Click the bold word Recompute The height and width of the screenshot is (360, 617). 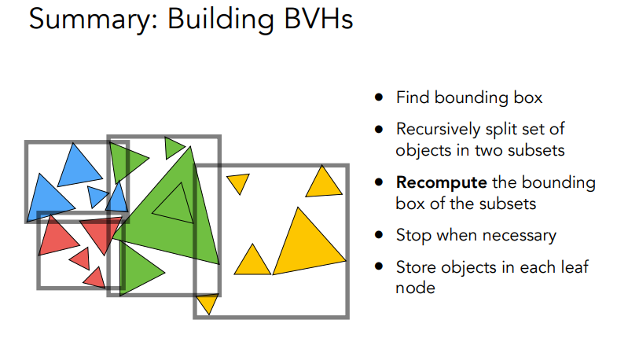(x=441, y=183)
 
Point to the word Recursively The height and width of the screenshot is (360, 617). (x=437, y=129)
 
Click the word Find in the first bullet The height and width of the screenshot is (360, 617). (x=409, y=98)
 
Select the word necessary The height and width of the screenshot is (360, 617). (x=518, y=235)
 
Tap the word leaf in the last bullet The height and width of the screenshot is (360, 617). (x=572, y=267)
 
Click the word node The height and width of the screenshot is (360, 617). (x=415, y=288)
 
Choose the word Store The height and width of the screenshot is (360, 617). (x=414, y=267)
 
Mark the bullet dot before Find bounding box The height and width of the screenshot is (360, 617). (x=380, y=98)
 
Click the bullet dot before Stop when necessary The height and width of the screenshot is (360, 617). (x=380, y=235)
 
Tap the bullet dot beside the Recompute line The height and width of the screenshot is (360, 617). (x=380, y=183)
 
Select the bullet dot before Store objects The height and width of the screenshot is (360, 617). (x=380, y=267)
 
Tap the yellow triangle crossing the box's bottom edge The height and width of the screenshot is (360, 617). (x=207, y=303)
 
